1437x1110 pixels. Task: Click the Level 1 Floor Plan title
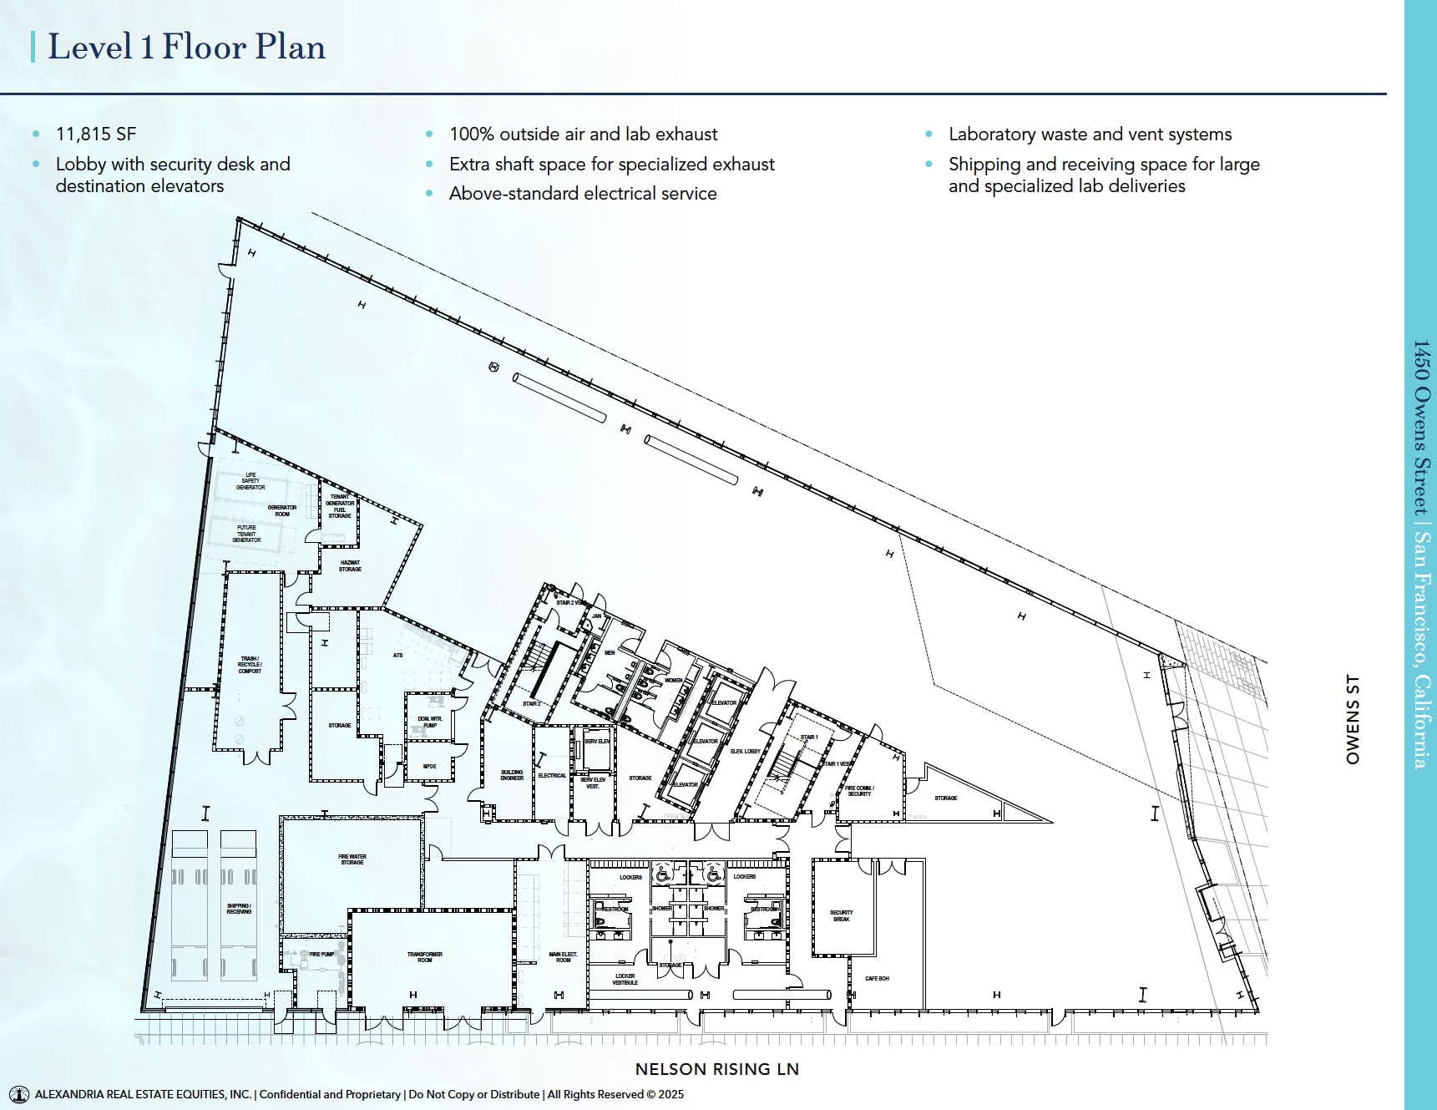[x=186, y=47]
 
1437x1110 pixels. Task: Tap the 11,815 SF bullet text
[x=96, y=134]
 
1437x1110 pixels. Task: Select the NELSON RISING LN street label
[x=716, y=1069]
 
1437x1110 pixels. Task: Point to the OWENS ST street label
[x=1353, y=719]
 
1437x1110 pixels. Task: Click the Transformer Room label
[x=425, y=957]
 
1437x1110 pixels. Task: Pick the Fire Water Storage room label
[x=352, y=859]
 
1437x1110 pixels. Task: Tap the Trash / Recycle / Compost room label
[x=250, y=665]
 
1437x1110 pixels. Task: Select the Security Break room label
[x=842, y=915]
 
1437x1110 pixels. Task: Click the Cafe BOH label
[x=877, y=978]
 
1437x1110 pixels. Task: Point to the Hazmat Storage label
[x=350, y=565]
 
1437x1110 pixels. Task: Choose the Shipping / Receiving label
[x=239, y=909]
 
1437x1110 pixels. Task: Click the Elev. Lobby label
[x=745, y=752]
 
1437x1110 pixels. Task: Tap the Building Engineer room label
[x=512, y=775]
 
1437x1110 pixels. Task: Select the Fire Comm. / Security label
[x=859, y=791]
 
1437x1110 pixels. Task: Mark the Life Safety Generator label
[x=250, y=481]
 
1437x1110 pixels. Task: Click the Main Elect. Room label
[x=564, y=957]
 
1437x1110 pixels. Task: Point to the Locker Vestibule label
[x=625, y=979]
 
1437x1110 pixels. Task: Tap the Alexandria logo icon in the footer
[x=18, y=1094]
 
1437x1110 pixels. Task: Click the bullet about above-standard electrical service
[x=583, y=194]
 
